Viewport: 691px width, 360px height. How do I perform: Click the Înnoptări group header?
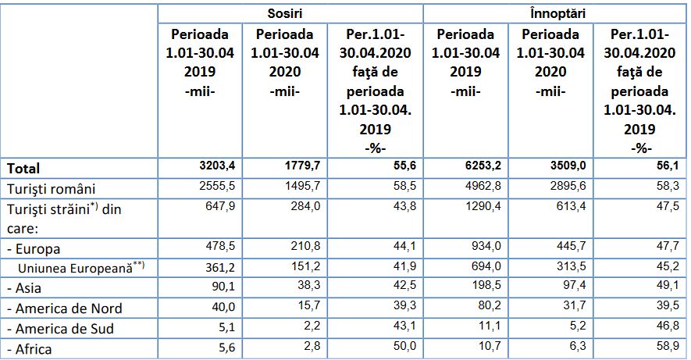click(x=556, y=13)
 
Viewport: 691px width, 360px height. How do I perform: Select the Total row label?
click(x=23, y=168)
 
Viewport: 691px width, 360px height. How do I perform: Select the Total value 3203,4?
click(x=217, y=166)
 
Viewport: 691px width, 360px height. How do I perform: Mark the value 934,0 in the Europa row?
click(x=486, y=248)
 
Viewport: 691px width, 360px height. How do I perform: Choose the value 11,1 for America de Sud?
click(x=489, y=328)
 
